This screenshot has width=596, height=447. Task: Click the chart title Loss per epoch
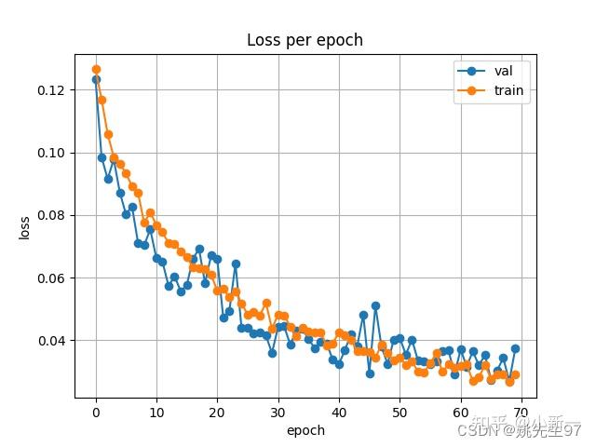pyautogui.click(x=305, y=40)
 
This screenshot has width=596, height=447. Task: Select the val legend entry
pyautogui.click(x=503, y=71)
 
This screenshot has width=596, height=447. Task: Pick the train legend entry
pyautogui.click(x=508, y=90)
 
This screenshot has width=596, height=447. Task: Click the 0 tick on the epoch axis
pyautogui.click(x=96, y=413)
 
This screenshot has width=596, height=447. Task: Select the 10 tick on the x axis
pyautogui.click(x=156, y=413)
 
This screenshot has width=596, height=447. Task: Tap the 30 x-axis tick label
pyautogui.click(x=278, y=413)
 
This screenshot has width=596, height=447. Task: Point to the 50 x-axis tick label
pyautogui.click(x=400, y=413)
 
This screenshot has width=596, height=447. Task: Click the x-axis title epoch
pyautogui.click(x=305, y=430)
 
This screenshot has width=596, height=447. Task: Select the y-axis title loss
pyautogui.click(x=24, y=228)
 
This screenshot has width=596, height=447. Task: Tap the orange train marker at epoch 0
pyautogui.click(x=96, y=69)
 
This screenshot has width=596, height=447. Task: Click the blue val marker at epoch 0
pyautogui.click(x=96, y=79)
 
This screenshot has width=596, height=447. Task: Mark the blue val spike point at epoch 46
pyautogui.click(x=375, y=305)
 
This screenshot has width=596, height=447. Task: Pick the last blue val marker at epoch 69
pyautogui.click(x=515, y=348)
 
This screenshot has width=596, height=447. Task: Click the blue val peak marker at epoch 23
pyautogui.click(x=236, y=264)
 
